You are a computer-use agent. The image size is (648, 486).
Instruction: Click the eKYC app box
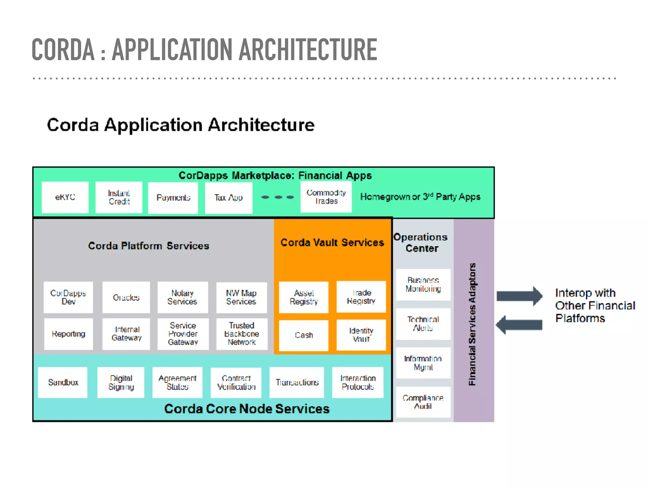pyautogui.click(x=65, y=197)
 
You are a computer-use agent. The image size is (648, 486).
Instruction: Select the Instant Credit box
pyautogui.click(x=119, y=197)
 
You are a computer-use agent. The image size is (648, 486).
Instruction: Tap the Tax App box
pyautogui.click(x=228, y=198)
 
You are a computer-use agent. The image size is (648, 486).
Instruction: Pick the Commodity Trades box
pyautogui.click(x=326, y=197)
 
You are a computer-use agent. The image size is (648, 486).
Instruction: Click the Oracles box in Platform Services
pyautogui.click(x=126, y=297)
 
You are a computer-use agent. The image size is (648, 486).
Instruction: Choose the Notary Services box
pyautogui.click(x=183, y=297)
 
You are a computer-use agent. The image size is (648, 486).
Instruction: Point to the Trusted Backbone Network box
pyautogui.click(x=242, y=334)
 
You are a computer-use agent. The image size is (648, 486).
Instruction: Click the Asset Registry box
pyautogui.click(x=304, y=297)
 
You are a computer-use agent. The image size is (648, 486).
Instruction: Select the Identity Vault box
pyautogui.click(x=361, y=335)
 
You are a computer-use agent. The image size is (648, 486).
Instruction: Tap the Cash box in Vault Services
pyautogui.click(x=304, y=335)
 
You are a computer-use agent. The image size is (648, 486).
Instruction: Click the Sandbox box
pyautogui.click(x=63, y=382)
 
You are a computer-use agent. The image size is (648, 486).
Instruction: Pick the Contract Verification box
pyautogui.click(x=236, y=383)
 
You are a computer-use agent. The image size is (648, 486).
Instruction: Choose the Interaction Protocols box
pyautogui.click(x=358, y=382)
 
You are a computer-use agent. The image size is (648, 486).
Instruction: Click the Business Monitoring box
pyautogui.click(x=423, y=284)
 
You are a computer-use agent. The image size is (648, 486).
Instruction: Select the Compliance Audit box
pyautogui.click(x=423, y=402)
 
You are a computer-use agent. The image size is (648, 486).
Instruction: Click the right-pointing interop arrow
pyautogui.click(x=519, y=296)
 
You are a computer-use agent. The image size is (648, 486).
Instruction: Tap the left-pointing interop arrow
pyautogui.click(x=519, y=325)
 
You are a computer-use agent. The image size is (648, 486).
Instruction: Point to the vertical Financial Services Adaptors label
pyautogui.click(x=472, y=324)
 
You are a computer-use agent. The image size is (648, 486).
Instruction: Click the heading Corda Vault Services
pyautogui.click(x=332, y=242)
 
